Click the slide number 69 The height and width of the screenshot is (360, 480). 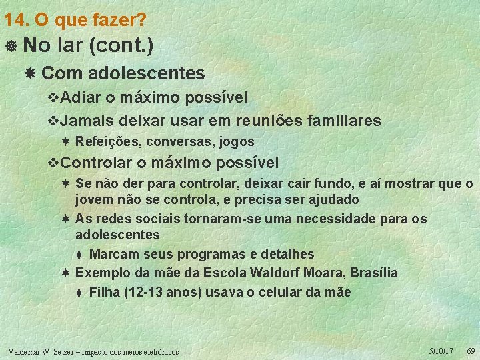pyautogui.click(x=470, y=351)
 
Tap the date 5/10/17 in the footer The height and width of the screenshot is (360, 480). pyautogui.click(x=441, y=351)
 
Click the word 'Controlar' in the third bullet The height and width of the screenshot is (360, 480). pyautogui.click(x=97, y=163)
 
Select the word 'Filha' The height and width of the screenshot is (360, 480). pyautogui.click(x=104, y=292)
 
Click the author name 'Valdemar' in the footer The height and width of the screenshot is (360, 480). pyautogui.click(x=25, y=351)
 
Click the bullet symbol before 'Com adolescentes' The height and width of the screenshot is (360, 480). pyautogui.click(x=31, y=72)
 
